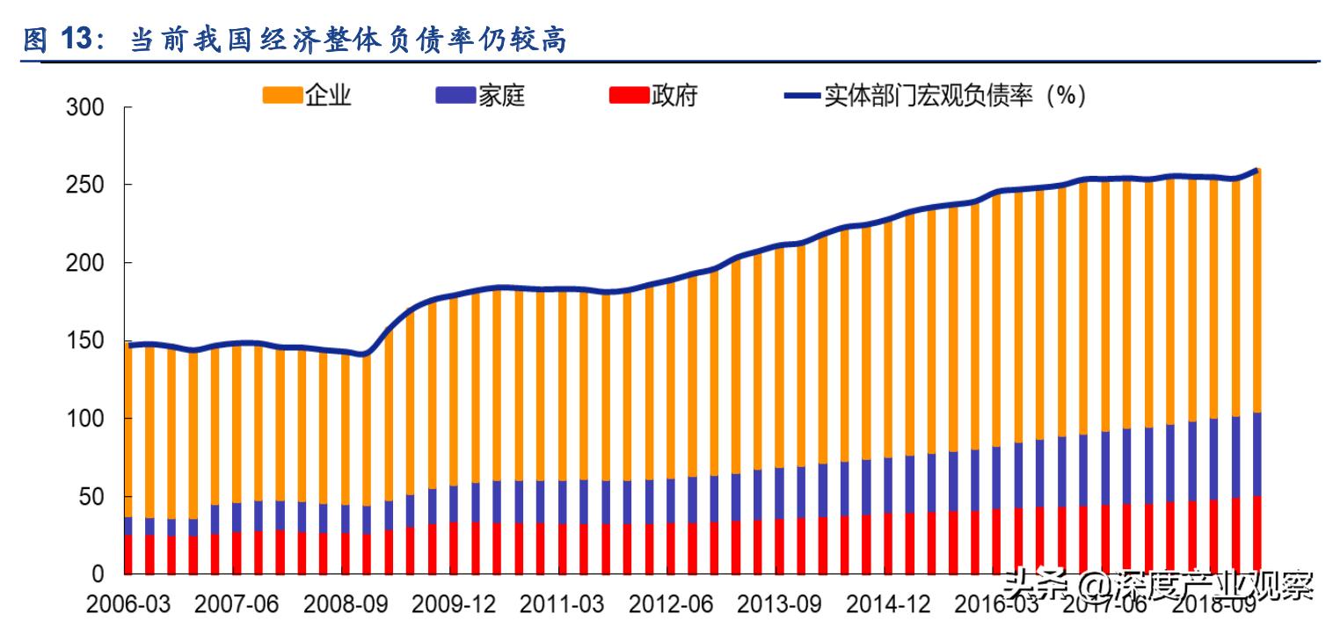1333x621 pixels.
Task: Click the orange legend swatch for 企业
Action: [x=281, y=95]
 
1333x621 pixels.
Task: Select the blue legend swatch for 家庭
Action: [x=455, y=95]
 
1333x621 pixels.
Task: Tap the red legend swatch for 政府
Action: [x=628, y=95]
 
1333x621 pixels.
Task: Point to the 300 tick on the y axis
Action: [x=85, y=108]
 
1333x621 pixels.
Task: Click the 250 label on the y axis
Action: [x=85, y=186]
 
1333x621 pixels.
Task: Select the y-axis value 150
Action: [x=85, y=341]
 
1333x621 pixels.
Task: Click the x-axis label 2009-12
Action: [x=453, y=604]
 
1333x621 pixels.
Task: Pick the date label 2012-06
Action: [x=670, y=604]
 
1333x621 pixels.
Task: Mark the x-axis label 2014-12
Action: [x=887, y=604]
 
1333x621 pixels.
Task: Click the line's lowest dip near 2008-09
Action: [x=365, y=354]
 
